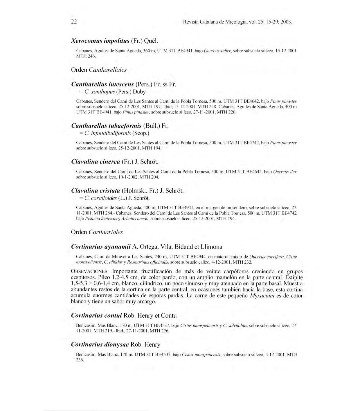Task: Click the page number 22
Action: (74, 22)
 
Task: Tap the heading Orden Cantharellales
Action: (99, 70)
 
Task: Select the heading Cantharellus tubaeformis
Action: (106, 126)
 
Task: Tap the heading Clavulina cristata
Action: (96, 191)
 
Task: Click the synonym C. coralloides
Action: (100, 198)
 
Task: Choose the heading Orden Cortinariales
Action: (97, 232)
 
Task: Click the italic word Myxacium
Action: (262, 296)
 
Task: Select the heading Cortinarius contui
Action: (97, 316)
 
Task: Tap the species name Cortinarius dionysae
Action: (100, 345)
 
